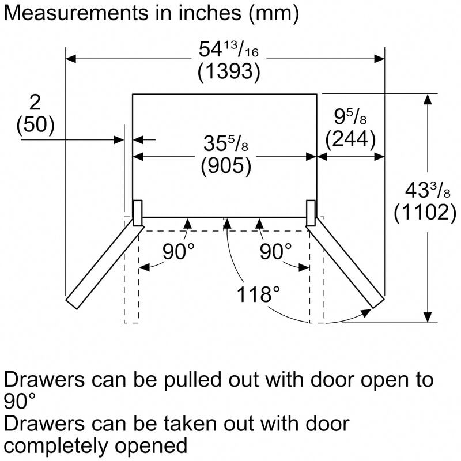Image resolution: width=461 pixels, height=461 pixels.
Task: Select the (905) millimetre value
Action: point(226,166)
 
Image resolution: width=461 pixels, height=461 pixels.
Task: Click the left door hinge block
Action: point(138,213)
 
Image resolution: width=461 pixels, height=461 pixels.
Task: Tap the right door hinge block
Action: point(311,213)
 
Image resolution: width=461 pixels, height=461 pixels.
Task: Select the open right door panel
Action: point(346,265)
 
